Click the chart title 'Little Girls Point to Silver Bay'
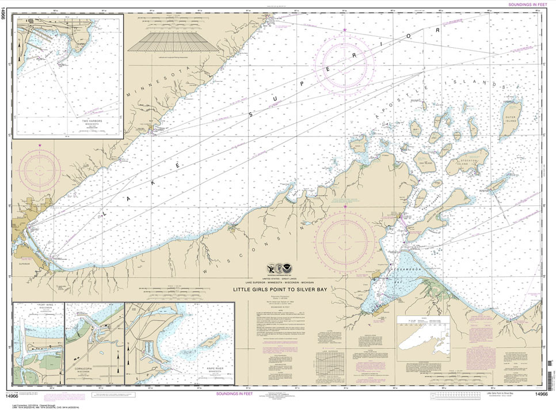tap(280, 290)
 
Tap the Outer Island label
tap(511, 119)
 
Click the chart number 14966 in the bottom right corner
tap(541, 394)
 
